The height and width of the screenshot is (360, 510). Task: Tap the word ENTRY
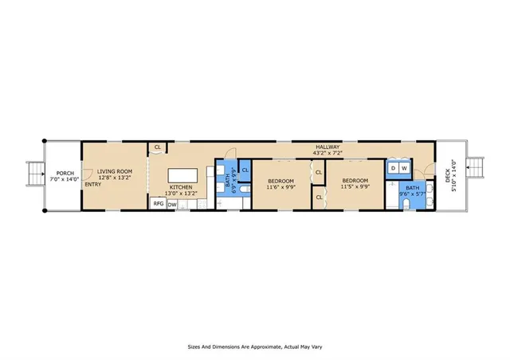[93, 185]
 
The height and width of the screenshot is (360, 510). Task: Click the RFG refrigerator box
[158, 204]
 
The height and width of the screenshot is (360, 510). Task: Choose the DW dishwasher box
[172, 204]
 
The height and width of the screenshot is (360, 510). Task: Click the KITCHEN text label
[179, 188]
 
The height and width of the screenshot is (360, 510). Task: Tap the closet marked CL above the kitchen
[158, 147]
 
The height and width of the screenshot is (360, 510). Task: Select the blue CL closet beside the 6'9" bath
[245, 170]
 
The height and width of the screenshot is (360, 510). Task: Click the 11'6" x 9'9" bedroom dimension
[280, 188]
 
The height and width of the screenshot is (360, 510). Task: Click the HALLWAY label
[328, 147]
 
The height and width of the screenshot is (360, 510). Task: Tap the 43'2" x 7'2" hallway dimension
[328, 153]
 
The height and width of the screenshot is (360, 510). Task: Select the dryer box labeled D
[393, 168]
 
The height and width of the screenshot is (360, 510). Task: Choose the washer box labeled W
[405, 168]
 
